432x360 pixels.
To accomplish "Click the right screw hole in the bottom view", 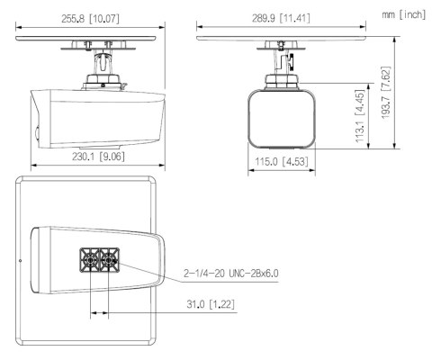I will click(109, 260).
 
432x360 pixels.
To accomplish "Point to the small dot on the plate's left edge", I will click(20, 262).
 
